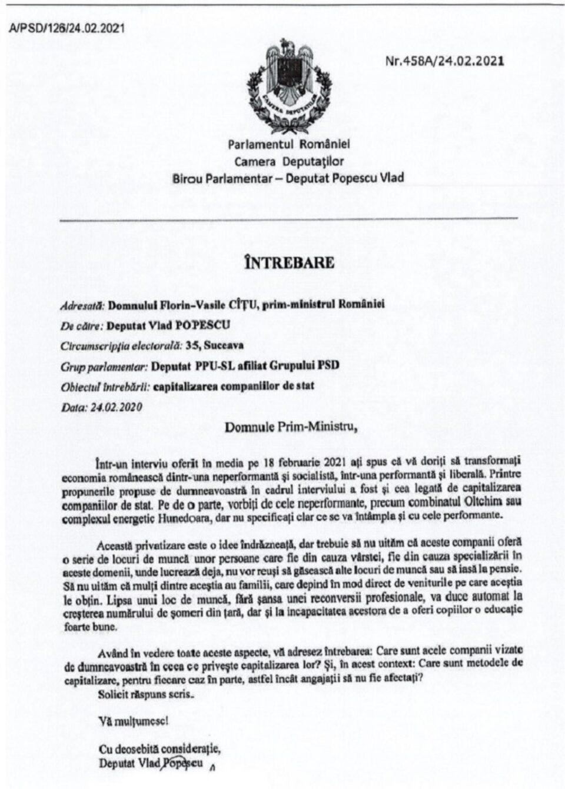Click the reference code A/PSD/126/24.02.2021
point(67,28)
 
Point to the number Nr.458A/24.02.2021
point(444,61)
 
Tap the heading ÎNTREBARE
point(290,262)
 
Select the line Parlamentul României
point(289,144)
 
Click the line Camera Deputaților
point(289,161)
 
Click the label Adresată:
point(82,305)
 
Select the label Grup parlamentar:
point(104,366)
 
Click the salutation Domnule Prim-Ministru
point(291,427)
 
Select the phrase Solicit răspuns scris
point(145,694)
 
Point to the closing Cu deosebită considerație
point(159,750)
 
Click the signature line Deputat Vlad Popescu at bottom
point(151,764)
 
